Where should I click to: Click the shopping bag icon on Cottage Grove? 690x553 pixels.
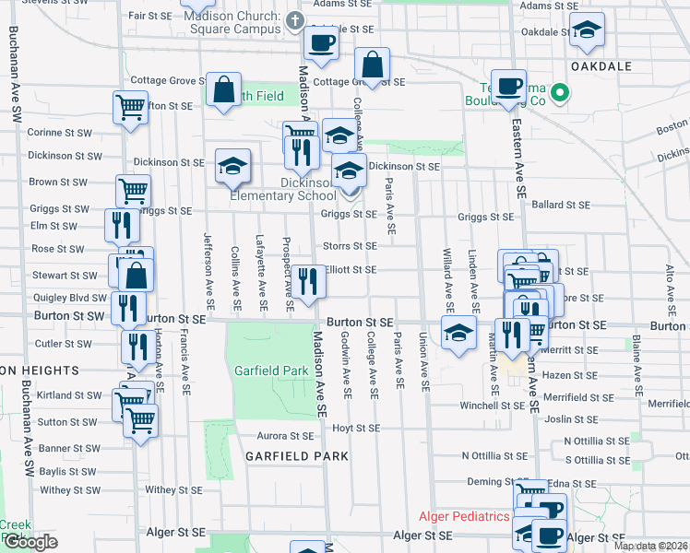372,65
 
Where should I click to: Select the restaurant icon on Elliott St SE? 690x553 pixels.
309,282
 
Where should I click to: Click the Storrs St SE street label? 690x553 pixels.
350,246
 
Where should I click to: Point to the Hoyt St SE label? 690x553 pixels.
355,429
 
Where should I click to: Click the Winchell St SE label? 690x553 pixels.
493,406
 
